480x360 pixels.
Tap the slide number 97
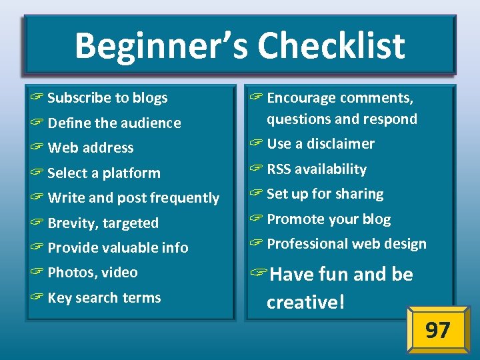click(437, 330)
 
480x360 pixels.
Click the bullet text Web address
click(91, 148)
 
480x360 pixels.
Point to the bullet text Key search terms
click(104, 298)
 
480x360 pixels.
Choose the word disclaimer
click(340, 144)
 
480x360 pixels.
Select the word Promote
click(296, 219)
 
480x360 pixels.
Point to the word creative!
click(306, 302)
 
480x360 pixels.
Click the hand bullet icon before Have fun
click(259, 275)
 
